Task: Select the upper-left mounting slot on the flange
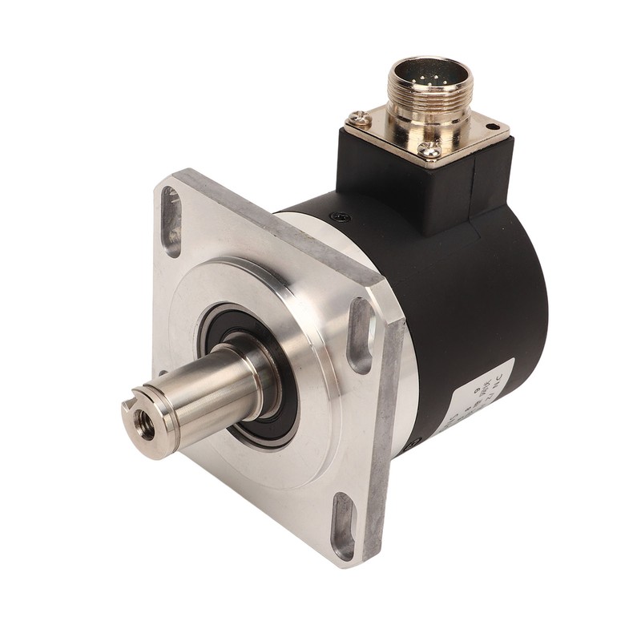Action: [x=171, y=220]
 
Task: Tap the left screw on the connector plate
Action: [x=363, y=119]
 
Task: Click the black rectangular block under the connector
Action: [x=417, y=188]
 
